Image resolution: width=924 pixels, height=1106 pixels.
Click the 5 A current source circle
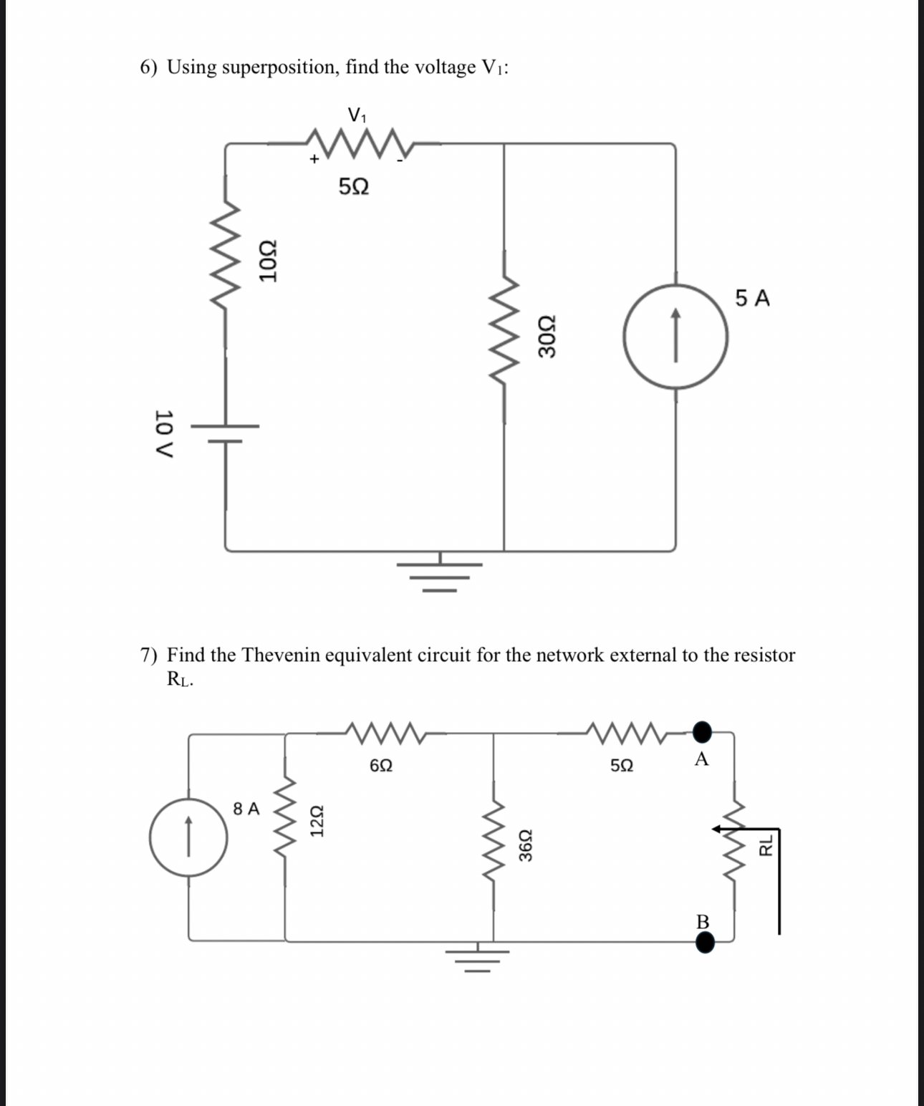675,336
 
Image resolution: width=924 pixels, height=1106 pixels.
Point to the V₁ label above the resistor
357,114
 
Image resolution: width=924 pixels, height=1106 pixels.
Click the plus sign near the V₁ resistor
313,159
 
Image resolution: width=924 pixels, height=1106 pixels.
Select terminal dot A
703,731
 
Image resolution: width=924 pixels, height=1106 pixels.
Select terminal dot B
705,943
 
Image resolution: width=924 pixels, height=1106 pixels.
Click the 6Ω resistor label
381,765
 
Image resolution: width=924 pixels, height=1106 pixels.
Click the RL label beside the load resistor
766,845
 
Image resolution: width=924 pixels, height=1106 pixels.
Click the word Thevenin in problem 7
280,655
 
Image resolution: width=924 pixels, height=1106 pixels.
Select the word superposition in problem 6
279,67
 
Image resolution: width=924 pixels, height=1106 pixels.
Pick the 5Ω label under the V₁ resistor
353,187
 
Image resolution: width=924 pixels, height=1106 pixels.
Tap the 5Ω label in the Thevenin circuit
622,765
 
